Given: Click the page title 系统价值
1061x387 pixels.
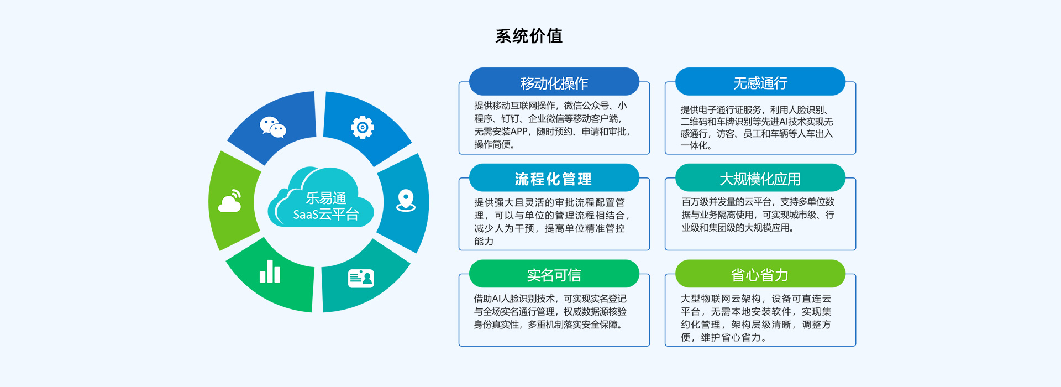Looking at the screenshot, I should (529, 36).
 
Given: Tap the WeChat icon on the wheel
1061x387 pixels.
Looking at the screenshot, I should (273, 127).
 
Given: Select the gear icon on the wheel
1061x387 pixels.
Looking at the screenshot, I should (363, 127).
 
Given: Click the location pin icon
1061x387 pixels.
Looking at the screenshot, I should (406, 200).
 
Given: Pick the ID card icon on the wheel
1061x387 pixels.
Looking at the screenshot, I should (361, 278).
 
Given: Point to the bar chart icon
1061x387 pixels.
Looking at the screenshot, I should (270, 271).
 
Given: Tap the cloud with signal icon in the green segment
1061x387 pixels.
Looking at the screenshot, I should (230, 202).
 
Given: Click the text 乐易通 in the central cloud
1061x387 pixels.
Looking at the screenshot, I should (326, 198).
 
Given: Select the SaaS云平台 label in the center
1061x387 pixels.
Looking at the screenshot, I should (326, 215).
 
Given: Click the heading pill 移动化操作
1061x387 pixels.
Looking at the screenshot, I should (554, 83).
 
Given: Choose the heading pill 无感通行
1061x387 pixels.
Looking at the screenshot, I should (760, 83).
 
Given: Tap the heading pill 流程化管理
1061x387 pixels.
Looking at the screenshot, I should (554, 179).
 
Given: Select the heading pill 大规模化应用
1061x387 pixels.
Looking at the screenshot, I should (760, 179).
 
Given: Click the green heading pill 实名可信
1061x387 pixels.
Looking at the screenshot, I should (554, 275).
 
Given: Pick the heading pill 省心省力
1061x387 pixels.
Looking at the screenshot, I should (760, 275).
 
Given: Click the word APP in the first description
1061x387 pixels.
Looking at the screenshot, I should (519, 132).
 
